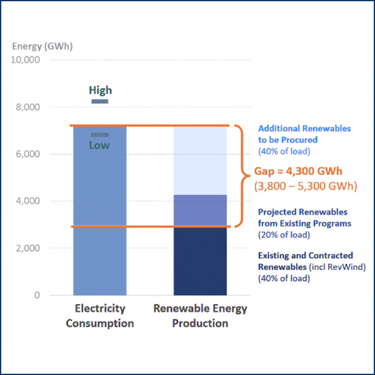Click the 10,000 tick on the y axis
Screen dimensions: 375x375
pos(26,60)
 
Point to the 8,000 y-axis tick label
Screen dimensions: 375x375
pos(28,107)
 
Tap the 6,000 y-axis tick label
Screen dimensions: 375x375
pos(28,154)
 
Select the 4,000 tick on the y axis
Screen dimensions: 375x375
pos(28,201)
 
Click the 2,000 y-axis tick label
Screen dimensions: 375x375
pos(28,248)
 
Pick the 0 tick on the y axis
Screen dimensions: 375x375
pos(37,295)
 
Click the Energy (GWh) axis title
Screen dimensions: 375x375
pos(35,46)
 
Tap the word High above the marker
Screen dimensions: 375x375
pos(100,91)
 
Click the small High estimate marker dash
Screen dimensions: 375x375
pos(100,101)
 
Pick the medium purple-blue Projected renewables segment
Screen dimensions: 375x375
pos(200,211)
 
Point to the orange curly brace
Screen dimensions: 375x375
pos(241,175)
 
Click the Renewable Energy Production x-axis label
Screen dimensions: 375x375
pos(200,316)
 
